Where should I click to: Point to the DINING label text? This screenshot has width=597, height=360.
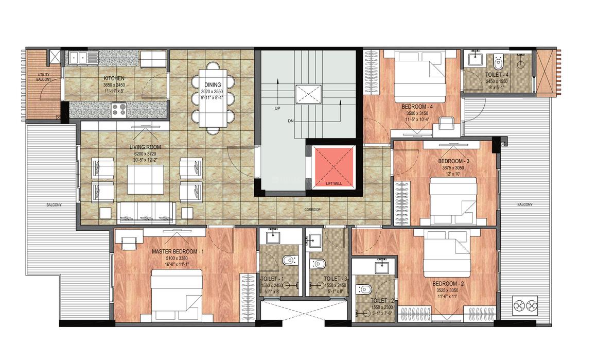[x=213, y=85]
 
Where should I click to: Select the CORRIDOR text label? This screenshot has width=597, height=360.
[x=312, y=210]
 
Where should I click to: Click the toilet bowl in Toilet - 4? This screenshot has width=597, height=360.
[x=498, y=63]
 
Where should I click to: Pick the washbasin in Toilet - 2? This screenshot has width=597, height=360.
[x=381, y=267]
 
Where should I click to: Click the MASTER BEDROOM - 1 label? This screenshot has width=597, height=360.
[x=178, y=251]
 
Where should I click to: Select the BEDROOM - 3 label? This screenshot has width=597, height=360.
[x=453, y=161]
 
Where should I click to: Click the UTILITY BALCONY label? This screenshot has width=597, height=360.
[x=43, y=78]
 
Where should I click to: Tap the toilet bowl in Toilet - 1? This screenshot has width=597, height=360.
[x=289, y=262]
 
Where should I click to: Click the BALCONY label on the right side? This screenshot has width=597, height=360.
[x=524, y=205]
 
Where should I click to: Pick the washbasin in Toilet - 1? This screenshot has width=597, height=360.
[x=273, y=237]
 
